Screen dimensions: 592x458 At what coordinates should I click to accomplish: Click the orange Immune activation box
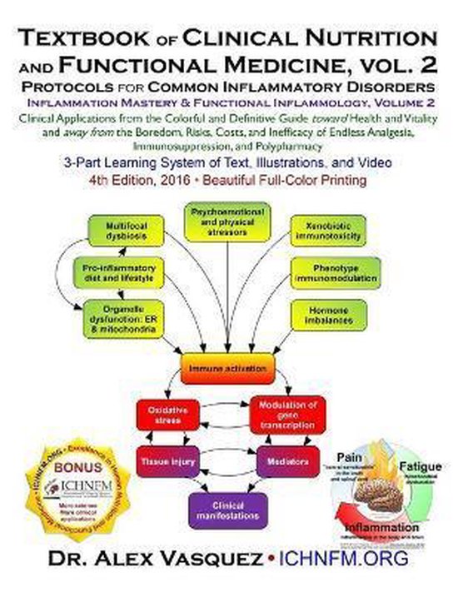pyautogui.click(x=228, y=367)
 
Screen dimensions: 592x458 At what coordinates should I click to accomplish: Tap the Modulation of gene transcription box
pyautogui.click(x=286, y=414)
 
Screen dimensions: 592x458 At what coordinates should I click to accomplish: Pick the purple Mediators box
pyautogui.click(x=286, y=460)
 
